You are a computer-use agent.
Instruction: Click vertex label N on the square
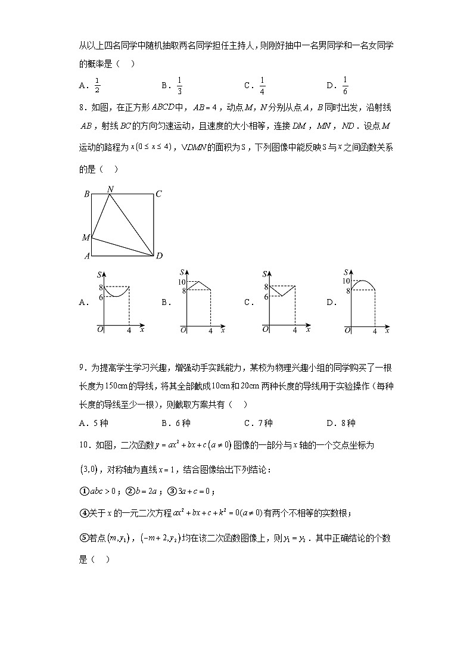click(x=110, y=189)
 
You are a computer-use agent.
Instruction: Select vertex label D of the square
click(x=159, y=256)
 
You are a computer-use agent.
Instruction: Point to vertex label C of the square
click(x=158, y=194)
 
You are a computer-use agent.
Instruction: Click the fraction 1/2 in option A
click(x=97, y=86)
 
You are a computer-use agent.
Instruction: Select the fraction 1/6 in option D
click(x=345, y=86)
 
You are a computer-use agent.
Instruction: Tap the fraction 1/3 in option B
click(x=179, y=86)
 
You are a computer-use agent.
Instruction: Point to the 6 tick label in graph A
click(x=101, y=297)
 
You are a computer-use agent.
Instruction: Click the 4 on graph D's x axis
click(x=375, y=331)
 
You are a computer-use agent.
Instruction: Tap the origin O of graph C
click(x=266, y=329)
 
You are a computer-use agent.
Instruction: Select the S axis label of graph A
click(x=99, y=274)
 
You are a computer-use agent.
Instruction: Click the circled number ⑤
click(x=83, y=539)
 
